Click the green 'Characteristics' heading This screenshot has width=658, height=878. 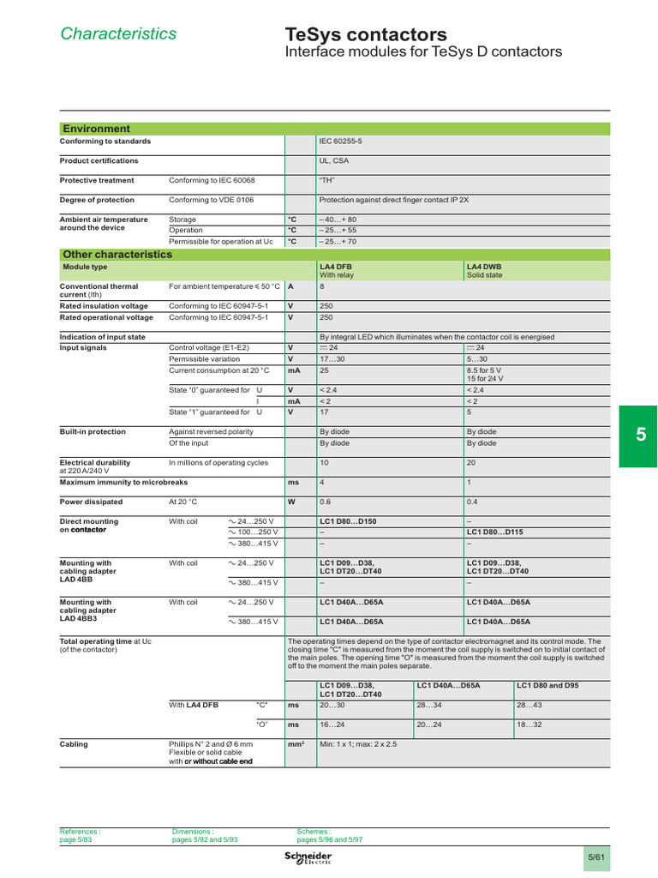118,33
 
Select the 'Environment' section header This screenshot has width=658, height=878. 96,129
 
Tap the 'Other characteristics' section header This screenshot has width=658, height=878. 117,255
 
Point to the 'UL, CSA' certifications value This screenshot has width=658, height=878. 334,161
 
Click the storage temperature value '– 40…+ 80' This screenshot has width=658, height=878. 338,219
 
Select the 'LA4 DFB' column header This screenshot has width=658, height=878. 336,267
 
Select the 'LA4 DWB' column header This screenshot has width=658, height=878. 484,267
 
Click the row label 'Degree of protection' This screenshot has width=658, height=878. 97,200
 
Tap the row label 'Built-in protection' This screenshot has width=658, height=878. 93,432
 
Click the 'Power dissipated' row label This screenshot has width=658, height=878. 90,502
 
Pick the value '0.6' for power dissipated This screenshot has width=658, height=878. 326,502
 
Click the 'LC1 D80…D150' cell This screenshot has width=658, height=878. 348,521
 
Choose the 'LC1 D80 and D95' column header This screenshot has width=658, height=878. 547,685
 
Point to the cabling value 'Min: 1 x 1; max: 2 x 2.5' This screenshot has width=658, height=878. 358,744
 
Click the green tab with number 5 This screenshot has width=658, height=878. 639,435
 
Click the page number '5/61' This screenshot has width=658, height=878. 595,857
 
